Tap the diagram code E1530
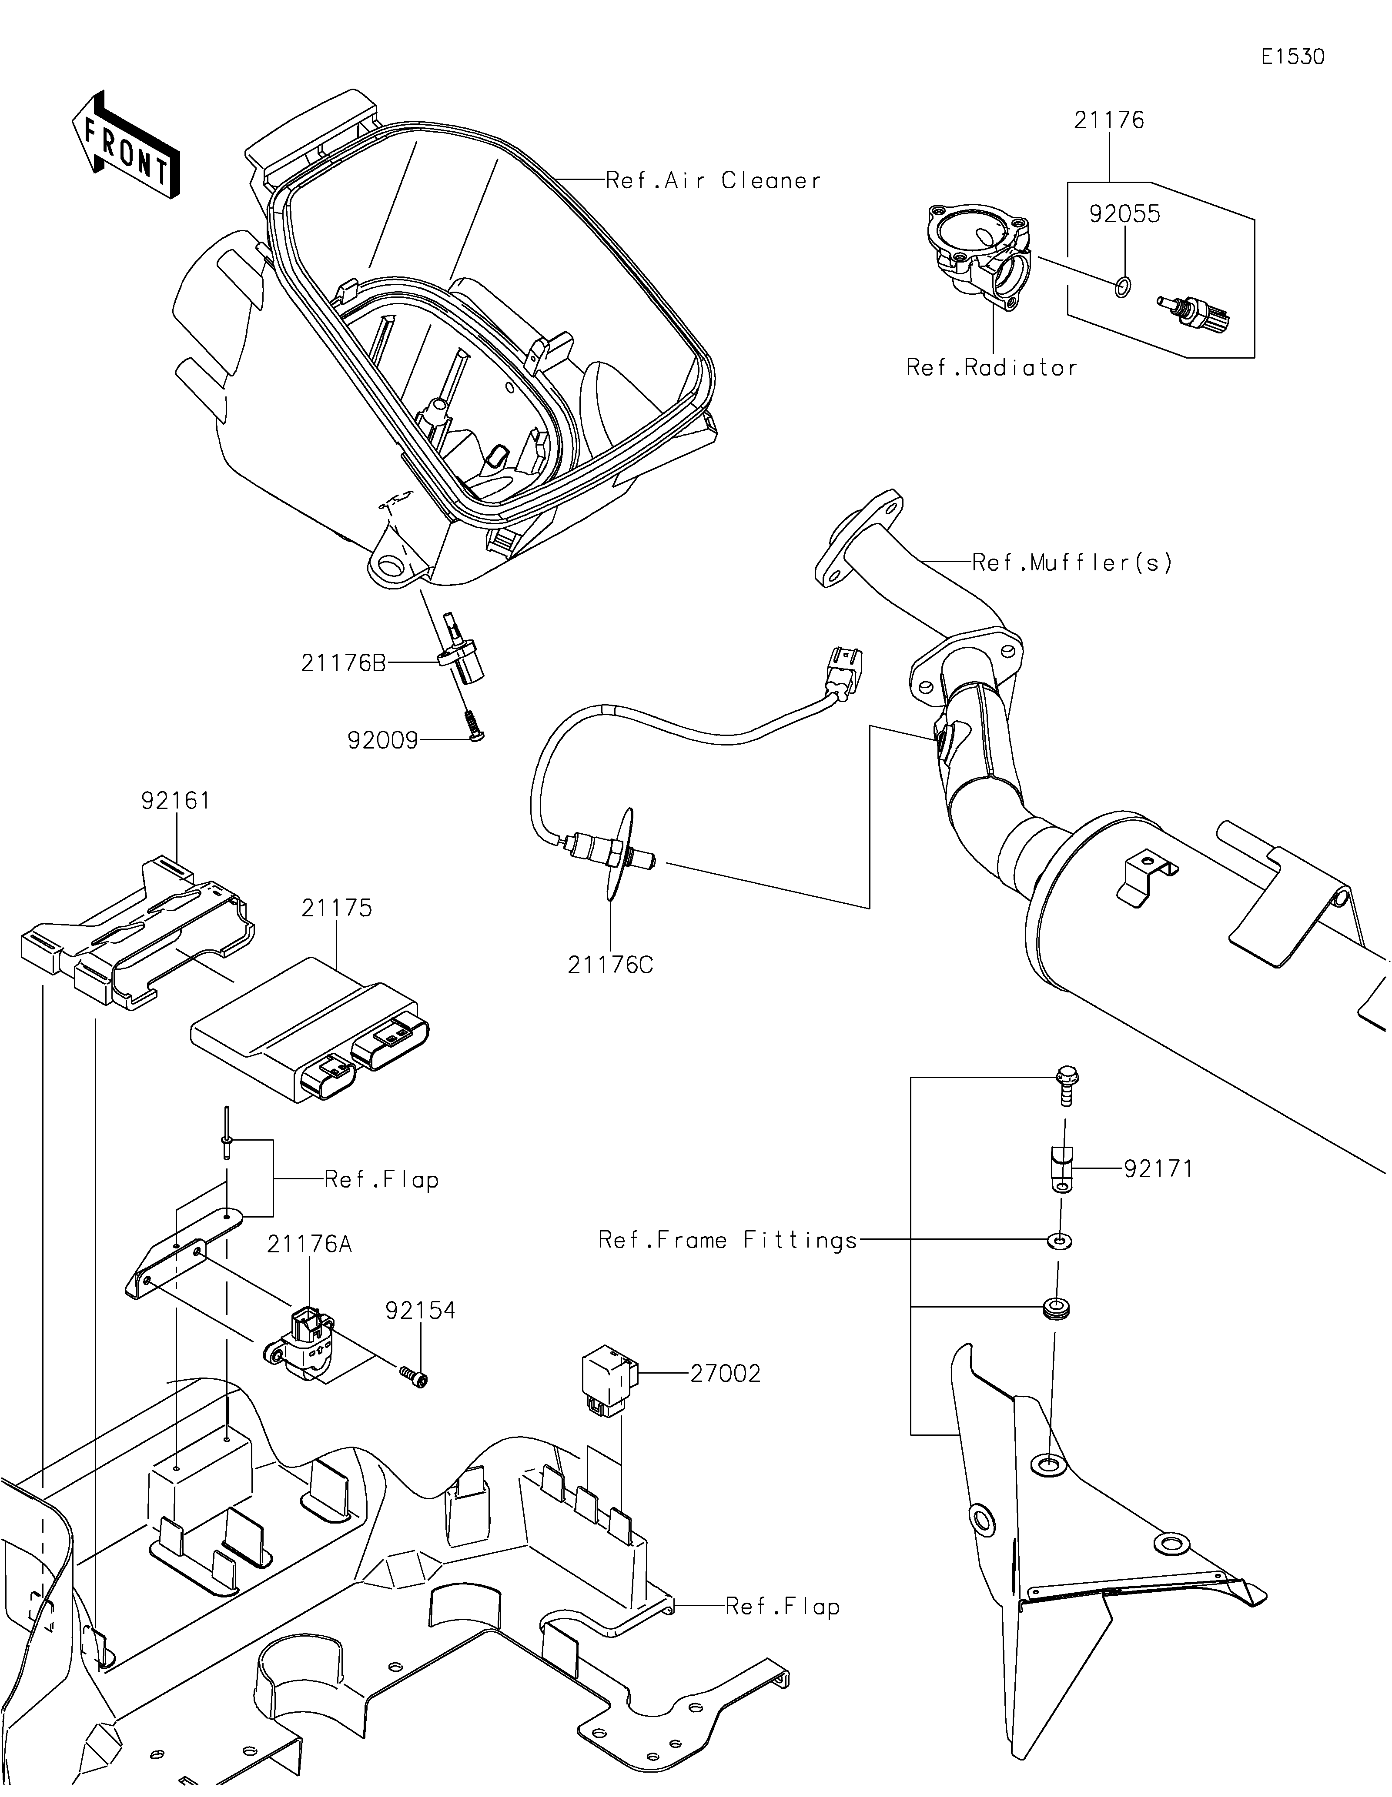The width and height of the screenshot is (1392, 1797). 1292,57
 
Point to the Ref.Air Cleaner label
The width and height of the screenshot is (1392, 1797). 713,181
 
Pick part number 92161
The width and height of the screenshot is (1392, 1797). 175,801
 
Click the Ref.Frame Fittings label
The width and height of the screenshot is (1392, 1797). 728,1240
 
